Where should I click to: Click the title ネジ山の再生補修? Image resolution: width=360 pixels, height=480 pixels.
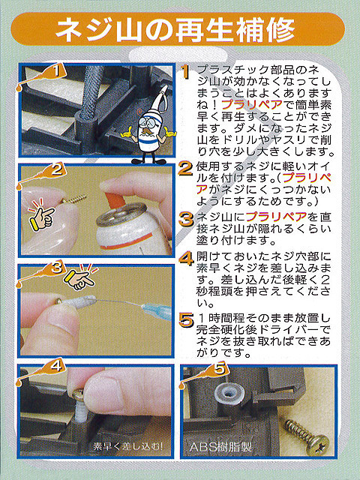pos(175,30)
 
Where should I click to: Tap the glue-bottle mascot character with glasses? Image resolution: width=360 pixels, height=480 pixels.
pos(149,125)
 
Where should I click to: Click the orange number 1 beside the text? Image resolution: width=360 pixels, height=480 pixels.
pos(184,72)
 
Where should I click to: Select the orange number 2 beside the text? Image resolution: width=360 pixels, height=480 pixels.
pos(185,169)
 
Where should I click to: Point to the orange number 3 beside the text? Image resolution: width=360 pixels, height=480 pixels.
pos(186,219)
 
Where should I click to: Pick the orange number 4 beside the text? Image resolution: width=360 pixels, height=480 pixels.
pos(186,258)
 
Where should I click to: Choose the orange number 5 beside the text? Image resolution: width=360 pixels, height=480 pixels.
pos(186,320)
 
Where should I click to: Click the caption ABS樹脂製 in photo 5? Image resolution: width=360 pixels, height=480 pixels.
pos(220,447)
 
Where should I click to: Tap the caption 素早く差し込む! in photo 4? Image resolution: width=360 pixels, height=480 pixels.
pos(128,446)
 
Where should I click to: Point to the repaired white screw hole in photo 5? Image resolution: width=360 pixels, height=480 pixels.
pos(229,393)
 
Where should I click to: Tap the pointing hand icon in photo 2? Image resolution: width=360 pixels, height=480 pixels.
pos(41,214)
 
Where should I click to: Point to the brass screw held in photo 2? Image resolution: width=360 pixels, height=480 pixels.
pos(73,199)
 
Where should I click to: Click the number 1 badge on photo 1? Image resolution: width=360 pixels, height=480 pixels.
pos(56,71)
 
